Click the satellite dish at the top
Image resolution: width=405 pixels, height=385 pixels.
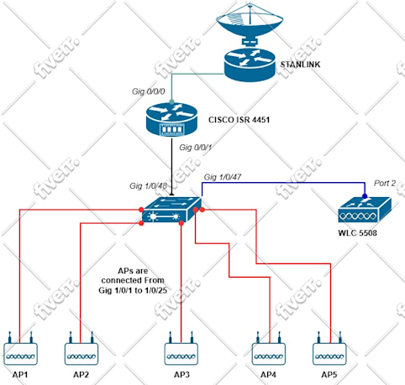[x=250, y=23]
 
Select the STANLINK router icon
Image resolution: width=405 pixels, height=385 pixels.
[x=250, y=65]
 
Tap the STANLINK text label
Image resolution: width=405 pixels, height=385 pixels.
[x=300, y=65]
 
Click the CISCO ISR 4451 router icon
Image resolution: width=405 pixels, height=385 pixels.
[x=171, y=120]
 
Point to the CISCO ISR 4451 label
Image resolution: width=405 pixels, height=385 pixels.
[x=239, y=120]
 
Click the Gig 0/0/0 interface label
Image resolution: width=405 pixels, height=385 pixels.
[x=149, y=91]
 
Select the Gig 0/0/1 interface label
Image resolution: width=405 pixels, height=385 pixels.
[x=196, y=147]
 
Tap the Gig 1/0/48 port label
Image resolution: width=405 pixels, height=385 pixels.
[x=148, y=185]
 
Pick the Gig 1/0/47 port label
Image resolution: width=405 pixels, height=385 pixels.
[x=223, y=177]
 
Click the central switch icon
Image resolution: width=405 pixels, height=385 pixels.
[x=171, y=210]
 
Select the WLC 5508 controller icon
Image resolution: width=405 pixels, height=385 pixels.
[x=365, y=210]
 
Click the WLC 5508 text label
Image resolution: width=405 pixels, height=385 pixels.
[x=357, y=232]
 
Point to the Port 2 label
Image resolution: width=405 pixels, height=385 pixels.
[x=385, y=183]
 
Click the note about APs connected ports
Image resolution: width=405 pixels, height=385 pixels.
[x=133, y=280]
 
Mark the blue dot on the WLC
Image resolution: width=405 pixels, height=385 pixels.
[x=365, y=196]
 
